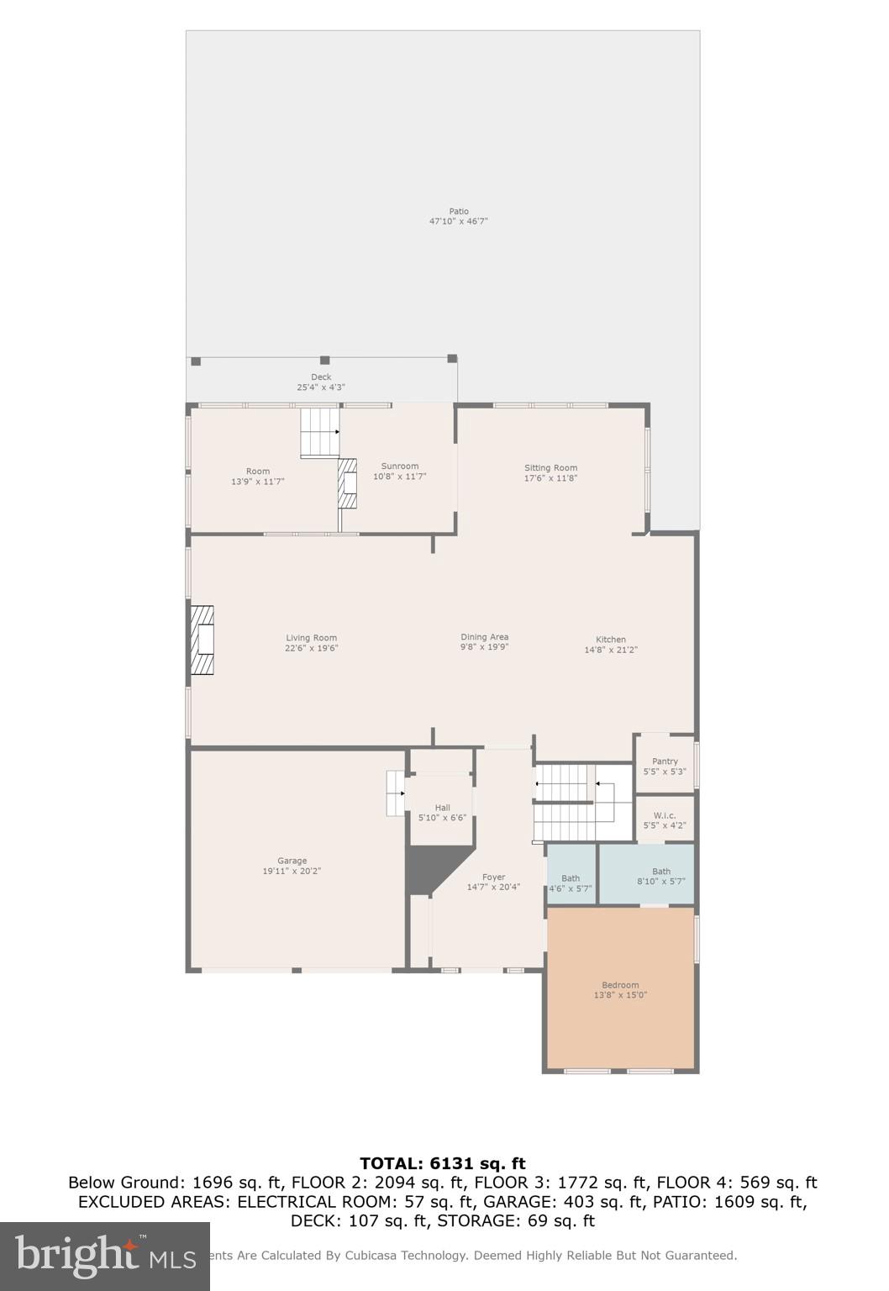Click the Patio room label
[x=458, y=212]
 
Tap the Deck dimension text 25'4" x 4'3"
[x=321, y=387]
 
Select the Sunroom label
[x=399, y=466]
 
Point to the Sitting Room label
[x=550, y=468]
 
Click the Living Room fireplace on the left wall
[x=202, y=640]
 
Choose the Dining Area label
[x=484, y=637]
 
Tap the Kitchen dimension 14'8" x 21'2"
[x=611, y=650]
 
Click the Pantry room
[x=665, y=765]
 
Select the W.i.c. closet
[x=665, y=819]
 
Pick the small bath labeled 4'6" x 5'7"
[x=571, y=883]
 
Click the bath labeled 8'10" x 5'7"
[x=661, y=876]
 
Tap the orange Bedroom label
[x=620, y=985]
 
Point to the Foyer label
[x=493, y=877]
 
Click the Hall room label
[x=442, y=808]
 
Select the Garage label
[x=292, y=861]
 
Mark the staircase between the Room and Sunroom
[x=319, y=432]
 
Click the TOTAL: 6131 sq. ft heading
[x=443, y=1163]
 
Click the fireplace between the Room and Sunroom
[x=347, y=483]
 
